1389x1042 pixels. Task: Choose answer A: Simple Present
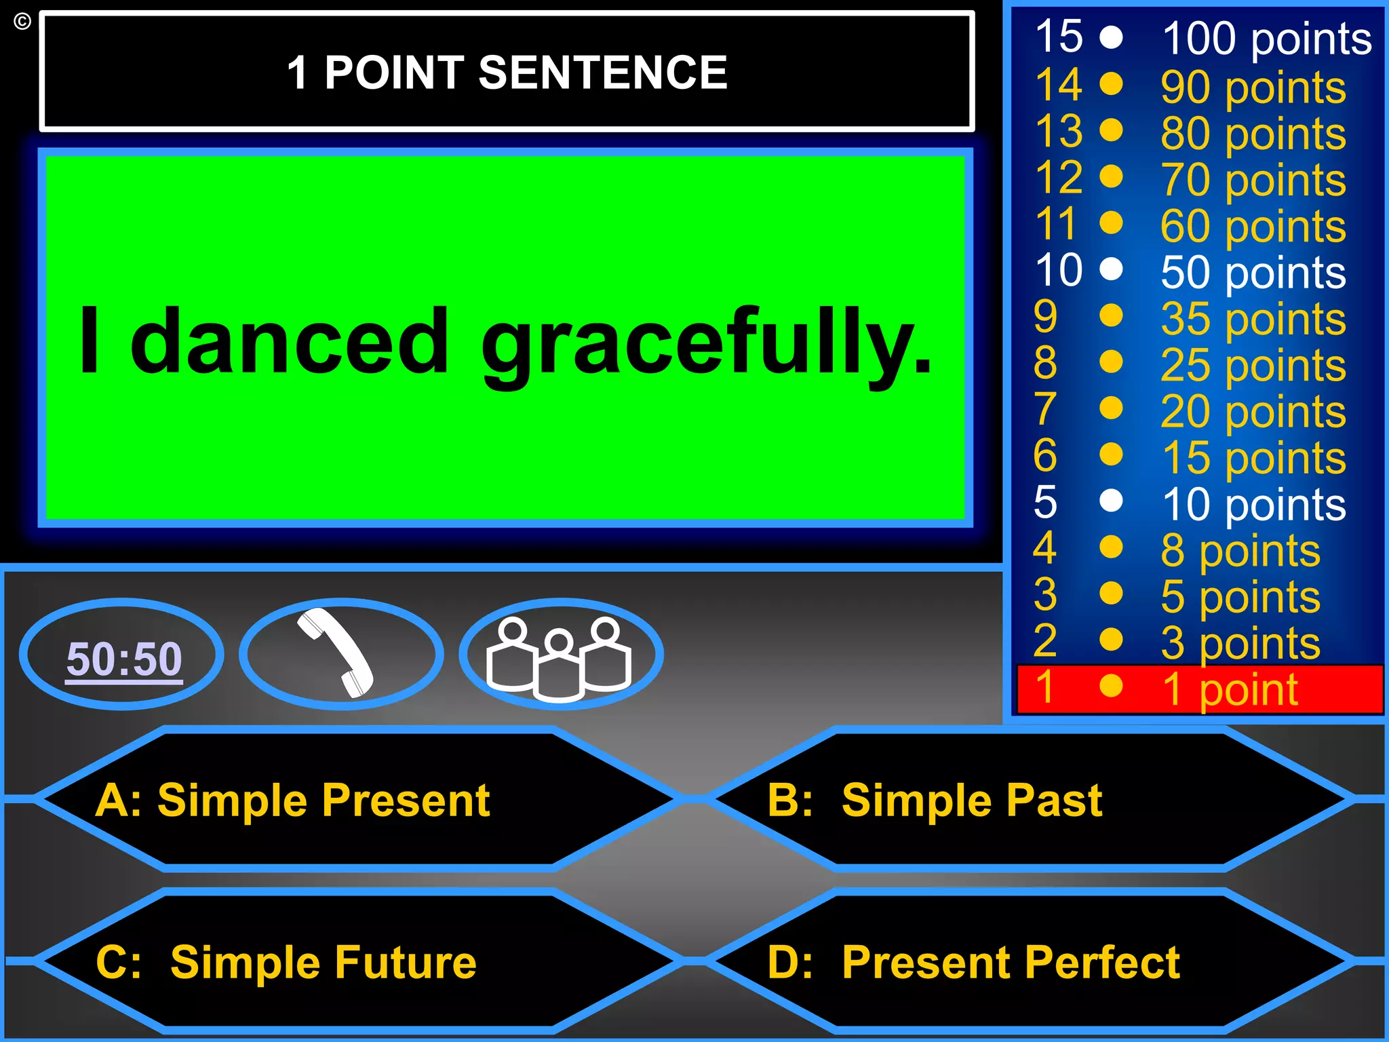[292, 800]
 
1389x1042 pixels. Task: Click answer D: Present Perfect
[973, 962]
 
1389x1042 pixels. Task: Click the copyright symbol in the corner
[22, 22]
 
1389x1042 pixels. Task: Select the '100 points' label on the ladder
[1266, 39]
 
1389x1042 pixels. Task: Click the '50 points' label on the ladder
[1253, 273]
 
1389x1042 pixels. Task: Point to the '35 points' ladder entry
[1253, 319]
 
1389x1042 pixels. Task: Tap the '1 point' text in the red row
[1230, 689]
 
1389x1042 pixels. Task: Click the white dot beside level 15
[1111, 37]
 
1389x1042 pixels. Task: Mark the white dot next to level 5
[1111, 501]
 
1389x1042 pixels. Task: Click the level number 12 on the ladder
[1059, 178]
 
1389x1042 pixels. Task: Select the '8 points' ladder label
[1240, 550]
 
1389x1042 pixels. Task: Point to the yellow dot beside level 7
[1111, 408]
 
